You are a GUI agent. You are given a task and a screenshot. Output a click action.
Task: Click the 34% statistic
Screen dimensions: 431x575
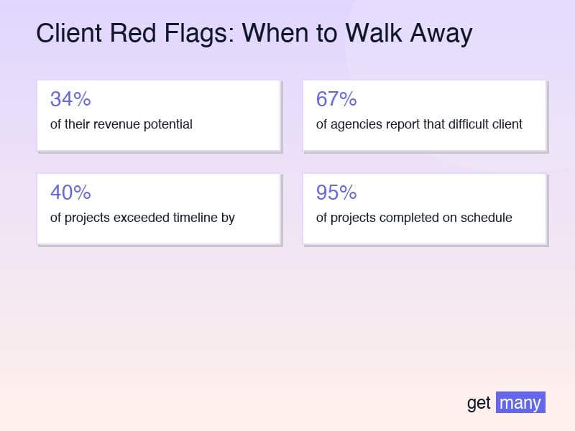click(70, 99)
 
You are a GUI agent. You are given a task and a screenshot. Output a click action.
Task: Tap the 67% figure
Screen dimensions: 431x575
click(336, 99)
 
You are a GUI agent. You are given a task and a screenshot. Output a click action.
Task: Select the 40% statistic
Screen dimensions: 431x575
click(70, 193)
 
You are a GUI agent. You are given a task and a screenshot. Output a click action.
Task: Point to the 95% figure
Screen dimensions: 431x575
click(336, 193)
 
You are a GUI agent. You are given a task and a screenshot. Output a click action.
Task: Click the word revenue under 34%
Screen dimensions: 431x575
click(115, 124)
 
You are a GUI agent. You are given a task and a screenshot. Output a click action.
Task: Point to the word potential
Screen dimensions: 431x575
click(167, 124)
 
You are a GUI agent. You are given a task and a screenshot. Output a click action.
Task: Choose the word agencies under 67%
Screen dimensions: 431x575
click(354, 124)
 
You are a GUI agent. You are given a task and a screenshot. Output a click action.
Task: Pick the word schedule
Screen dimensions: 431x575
click(487, 218)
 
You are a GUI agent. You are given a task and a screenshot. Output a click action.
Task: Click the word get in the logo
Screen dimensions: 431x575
click(479, 403)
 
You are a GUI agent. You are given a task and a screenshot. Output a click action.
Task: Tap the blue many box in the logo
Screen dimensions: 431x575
click(520, 402)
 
